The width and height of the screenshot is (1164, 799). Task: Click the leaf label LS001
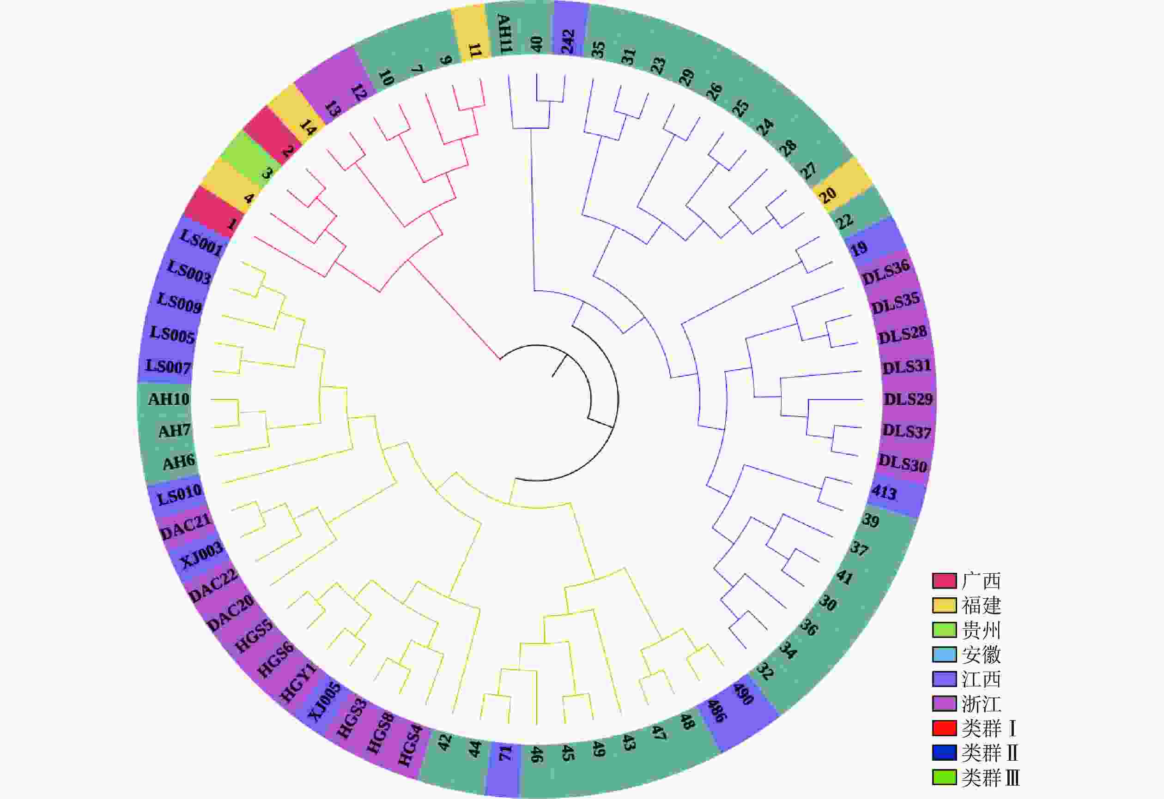click(x=201, y=243)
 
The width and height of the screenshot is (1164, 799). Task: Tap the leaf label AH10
click(x=169, y=399)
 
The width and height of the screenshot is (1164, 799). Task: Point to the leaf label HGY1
click(x=298, y=682)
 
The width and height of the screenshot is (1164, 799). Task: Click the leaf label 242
click(x=568, y=42)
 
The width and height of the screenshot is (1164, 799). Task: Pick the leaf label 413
click(x=884, y=493)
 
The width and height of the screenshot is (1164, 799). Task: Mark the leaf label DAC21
click(x=186, y=526)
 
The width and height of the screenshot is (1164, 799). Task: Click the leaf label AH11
click(x=503, y=34)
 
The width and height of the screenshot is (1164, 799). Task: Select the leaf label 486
click(x=717, y=711)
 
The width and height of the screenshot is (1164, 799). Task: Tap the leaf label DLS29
click(x=908, y=399)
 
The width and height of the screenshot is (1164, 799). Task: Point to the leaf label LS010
click(x=179, y=494)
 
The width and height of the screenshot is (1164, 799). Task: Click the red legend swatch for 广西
click(x=944, y=581)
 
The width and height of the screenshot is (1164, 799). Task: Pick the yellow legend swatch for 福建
click(x=944, y=605)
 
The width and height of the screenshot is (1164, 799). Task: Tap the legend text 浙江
click(x=981, y=704)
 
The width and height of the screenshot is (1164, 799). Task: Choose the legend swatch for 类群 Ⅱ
click(x=944, y=753)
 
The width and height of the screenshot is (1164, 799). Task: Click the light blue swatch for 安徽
click(x=944, y=655)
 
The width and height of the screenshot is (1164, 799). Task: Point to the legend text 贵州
click(x=981, y=630)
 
